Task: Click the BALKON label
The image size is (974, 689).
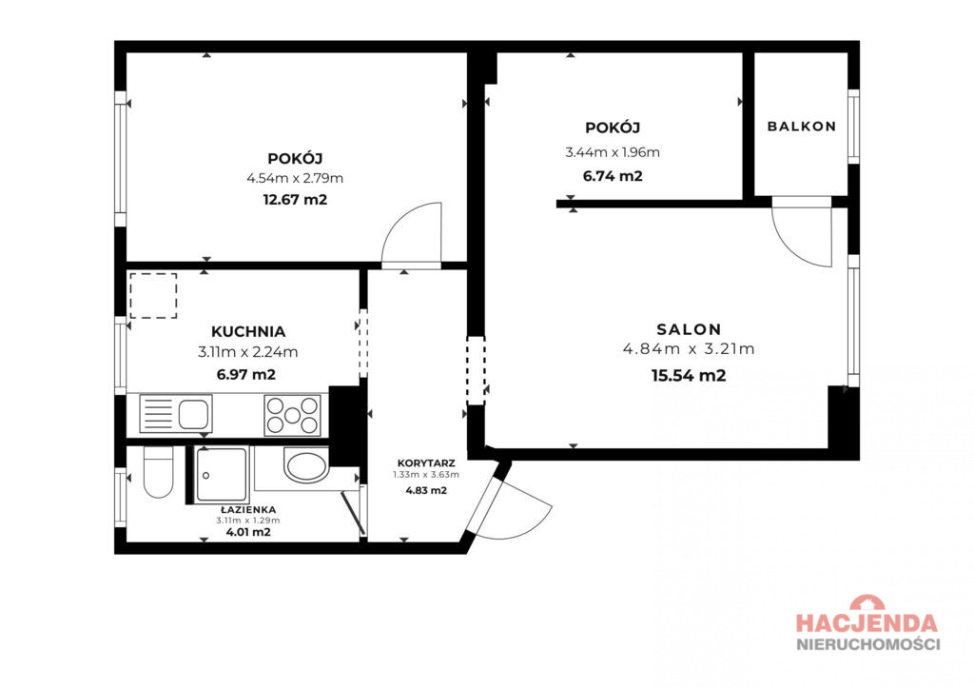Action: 801,127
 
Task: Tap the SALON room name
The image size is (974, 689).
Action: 689,328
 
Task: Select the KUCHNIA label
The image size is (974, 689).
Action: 248,331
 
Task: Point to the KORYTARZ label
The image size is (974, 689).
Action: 426,463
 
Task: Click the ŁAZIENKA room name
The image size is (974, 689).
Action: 248,509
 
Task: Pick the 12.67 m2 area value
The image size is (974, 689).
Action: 295,200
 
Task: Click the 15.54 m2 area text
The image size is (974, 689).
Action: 689,375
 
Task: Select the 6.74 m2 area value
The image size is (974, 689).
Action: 613,176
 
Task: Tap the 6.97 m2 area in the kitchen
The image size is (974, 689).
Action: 246,375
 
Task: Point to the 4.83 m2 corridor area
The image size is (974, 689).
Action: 426,490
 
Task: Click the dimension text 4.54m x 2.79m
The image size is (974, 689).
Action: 295,178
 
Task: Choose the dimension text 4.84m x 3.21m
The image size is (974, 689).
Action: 689,348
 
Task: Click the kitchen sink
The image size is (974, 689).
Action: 176,413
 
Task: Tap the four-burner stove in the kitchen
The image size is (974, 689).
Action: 293,415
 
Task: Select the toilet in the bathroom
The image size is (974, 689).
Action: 158,472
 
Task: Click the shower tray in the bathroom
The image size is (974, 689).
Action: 222,475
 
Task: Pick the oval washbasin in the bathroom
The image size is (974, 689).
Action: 306,465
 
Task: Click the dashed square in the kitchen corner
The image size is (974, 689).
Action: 153,296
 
